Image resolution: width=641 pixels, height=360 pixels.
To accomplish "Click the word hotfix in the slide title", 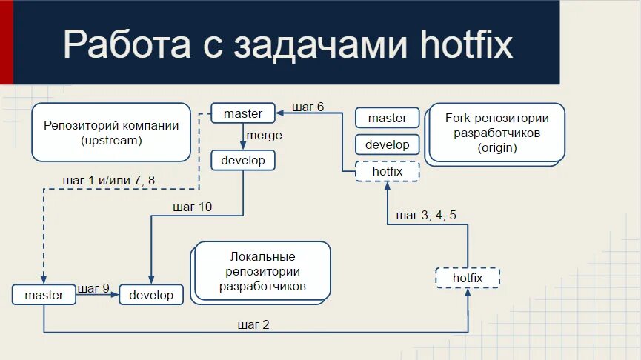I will pos(466,44).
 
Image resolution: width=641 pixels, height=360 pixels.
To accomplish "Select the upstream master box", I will pos(243,113).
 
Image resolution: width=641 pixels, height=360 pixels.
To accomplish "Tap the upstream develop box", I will pos(243,160).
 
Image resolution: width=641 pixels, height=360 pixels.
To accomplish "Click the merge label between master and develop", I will pos(264,136).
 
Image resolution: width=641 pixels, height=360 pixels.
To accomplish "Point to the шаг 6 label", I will pos(308,107).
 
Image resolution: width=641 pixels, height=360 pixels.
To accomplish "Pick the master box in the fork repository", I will pos(387,118).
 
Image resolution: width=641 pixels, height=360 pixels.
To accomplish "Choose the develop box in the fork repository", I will pos(387,144).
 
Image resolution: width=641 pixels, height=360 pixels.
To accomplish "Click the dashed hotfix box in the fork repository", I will pos(387,171).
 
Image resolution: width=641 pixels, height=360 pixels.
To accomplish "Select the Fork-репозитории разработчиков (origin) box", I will pos(496,133).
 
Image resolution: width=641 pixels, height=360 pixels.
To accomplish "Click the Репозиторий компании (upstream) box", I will pos(111,133).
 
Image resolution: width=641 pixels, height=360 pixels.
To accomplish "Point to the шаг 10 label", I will pos(192,207).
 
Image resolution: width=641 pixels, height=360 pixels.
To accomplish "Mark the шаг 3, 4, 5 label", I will pos(426,216).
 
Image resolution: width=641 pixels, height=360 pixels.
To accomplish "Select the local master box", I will pos(44,295).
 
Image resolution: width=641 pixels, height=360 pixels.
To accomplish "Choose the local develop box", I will pos(151,295).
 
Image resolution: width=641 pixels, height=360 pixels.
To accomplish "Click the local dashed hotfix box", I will pos(467,278).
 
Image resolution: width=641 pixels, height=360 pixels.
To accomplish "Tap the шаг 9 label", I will pos(93,288).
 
